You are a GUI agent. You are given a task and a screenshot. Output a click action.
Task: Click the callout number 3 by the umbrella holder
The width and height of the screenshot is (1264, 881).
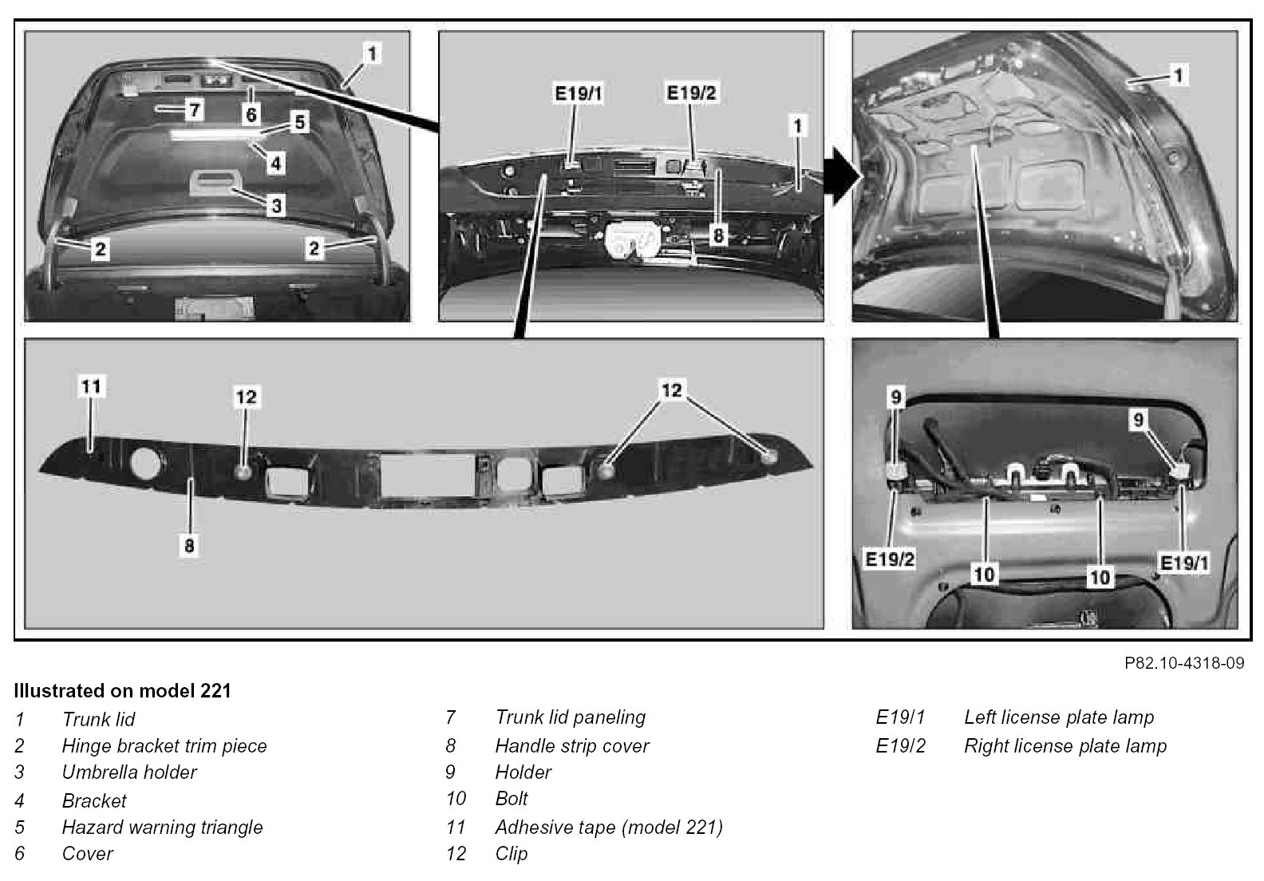point(275,206)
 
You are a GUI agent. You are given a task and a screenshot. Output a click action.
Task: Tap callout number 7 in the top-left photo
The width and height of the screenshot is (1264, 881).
point(194,109)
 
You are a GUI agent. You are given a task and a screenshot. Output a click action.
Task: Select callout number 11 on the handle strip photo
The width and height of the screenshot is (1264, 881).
point(92,386)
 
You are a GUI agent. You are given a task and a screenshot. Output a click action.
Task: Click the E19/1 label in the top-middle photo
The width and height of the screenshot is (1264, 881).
point(579,94)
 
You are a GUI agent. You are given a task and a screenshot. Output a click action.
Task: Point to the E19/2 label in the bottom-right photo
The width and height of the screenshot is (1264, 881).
point(890,559)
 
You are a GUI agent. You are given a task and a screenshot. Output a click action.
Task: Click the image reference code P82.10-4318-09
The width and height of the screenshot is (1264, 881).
point(1183,663)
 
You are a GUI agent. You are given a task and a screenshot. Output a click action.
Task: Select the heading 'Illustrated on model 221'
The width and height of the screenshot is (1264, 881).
point(122,690)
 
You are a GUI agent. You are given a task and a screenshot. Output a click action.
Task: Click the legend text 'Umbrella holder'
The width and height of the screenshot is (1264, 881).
point(129,772)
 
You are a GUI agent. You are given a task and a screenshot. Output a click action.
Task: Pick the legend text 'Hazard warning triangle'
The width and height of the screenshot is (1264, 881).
point(162,828)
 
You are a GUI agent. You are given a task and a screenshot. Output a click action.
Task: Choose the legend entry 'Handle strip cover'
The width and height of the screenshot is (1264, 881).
point(571,746)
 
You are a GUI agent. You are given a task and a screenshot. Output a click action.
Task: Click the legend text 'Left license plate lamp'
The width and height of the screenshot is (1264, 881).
point(1059,717)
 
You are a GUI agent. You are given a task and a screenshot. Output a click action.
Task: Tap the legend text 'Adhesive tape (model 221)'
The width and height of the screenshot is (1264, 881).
point(609,828)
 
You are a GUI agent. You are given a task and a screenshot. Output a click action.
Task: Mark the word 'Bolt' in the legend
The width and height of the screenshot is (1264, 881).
point(512,799)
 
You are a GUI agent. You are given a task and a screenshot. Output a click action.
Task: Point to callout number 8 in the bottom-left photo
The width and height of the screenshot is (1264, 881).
point(189,546)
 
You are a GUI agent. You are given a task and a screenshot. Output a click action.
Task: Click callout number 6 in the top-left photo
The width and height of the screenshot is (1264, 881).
point(251,115)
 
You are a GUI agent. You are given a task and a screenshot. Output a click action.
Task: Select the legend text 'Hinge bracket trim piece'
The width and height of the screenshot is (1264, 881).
point(164,746)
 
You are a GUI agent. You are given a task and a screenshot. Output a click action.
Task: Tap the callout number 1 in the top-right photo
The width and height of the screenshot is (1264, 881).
point(1179,75)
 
